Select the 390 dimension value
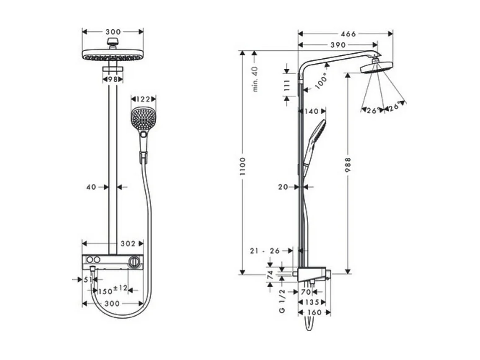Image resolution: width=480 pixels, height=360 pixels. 337,45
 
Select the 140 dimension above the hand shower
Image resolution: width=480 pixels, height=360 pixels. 311,111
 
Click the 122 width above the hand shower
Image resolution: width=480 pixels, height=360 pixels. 143,99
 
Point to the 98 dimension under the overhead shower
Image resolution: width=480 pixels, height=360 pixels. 112,79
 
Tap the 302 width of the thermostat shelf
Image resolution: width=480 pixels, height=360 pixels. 128,243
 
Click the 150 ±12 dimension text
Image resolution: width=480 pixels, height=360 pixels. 112,290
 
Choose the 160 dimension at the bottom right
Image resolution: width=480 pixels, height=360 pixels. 314,312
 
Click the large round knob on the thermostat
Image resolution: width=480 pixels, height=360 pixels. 134,261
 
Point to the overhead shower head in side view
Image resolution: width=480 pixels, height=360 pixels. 376,68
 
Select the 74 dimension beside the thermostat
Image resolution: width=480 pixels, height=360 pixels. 270,275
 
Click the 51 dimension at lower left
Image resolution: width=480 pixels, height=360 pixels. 88,279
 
